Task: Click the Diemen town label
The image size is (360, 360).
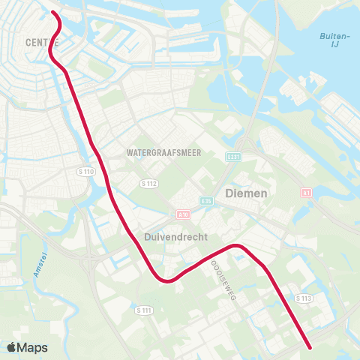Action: click(x=246, y=192)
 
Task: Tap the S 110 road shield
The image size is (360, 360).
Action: click(x=88, y=172)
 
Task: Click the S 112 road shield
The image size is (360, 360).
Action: click(x=148, y=183)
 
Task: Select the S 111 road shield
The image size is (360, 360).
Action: click(x=144, y=310)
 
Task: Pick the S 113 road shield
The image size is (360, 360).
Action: click(x=303, y=298)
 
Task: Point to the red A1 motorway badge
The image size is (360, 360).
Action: click(x=305, y=192)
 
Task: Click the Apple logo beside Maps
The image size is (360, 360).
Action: click(x=12, y=347)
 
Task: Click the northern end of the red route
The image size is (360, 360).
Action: click(x=53, y=13)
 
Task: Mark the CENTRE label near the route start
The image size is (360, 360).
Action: click(x=39, y=43)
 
